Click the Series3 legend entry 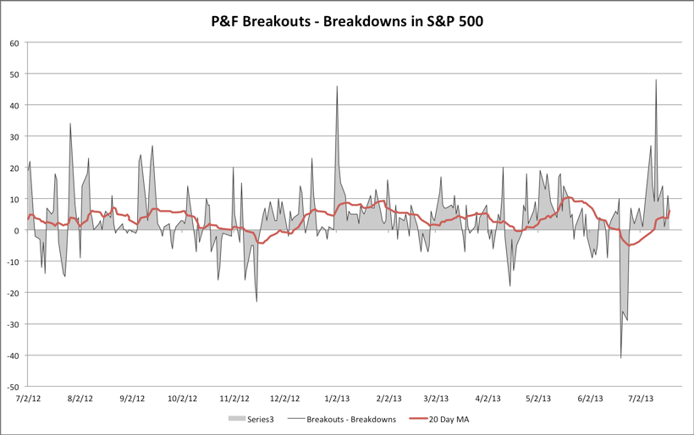(251, 419)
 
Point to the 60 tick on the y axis (14, 43)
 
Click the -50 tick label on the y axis (13, 386)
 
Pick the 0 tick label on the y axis (17, 230)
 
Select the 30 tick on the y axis (14, 136)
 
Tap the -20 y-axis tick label (13, 293)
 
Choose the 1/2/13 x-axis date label (337, 398)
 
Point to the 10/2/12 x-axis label (182, 398)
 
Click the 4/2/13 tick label (488, 398)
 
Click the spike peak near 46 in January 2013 (337, 86)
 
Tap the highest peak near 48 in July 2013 (656, 80)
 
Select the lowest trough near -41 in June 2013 (621, 357)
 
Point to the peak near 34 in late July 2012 (70, 124)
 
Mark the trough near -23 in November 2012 (256, 301)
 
